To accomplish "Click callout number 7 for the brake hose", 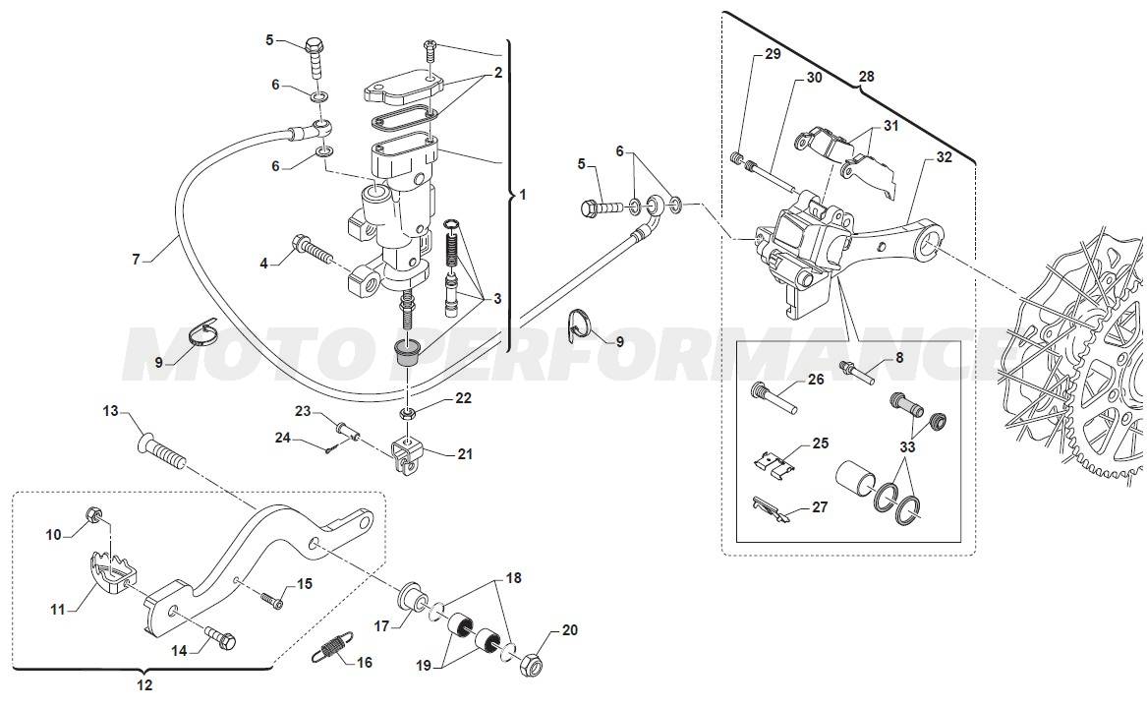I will click(137, 261).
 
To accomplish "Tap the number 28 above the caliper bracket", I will click(866, 76).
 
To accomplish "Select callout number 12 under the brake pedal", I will click(143, 684).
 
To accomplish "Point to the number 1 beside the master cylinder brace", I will click(523, 195).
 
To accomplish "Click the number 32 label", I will click(944, 156).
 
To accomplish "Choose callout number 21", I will click(465, 453).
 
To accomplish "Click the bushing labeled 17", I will click(409, 599).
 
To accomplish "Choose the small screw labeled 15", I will click(270, 597).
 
